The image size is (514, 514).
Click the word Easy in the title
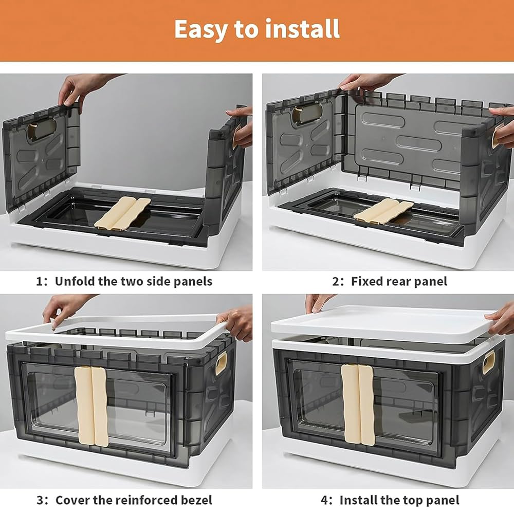(201, 29)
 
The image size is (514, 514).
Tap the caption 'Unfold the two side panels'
(133, 281)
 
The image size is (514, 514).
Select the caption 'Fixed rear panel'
(399, 281)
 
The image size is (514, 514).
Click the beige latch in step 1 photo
(122, 213)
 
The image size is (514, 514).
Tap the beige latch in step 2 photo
(383, 210)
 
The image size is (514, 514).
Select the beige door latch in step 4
(359, 404)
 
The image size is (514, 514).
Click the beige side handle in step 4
(489, 365)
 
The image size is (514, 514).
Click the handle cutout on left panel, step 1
(42, 128)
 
